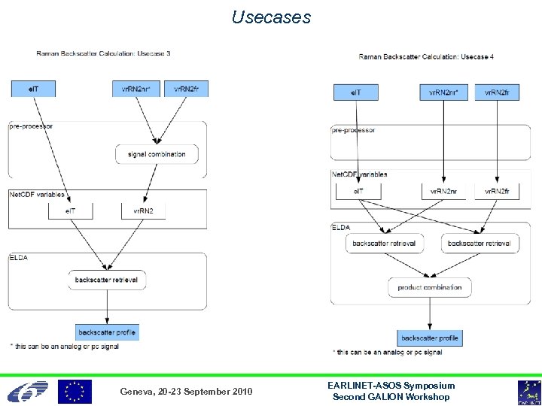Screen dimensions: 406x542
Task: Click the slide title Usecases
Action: pos(271,17)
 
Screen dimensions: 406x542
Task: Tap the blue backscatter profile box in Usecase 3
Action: pos(108,332)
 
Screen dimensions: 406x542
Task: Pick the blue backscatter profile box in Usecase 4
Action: pos(429,338)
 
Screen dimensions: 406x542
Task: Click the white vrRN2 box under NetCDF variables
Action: pos(143,211)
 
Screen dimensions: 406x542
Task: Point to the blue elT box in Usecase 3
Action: pos(32,89)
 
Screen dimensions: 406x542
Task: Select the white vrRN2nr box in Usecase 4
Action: pos(448,192)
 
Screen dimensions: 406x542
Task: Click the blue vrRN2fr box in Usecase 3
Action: pos(186,89)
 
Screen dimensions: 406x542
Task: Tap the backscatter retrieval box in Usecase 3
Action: pos(106,280)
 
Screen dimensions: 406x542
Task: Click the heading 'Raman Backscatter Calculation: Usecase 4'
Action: pos(426,56)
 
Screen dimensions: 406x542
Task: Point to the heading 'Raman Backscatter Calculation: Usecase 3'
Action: pos(103,53)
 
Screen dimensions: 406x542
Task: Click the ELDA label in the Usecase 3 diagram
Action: pos(18,257)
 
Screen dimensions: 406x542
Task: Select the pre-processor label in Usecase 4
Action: pos(353,130)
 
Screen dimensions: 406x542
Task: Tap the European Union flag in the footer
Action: pos(75,392)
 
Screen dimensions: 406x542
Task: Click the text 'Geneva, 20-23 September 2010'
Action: pos(186,392)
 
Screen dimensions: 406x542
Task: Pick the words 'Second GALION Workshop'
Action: pos(391,397)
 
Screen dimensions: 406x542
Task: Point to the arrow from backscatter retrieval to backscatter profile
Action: pos(107,307)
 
